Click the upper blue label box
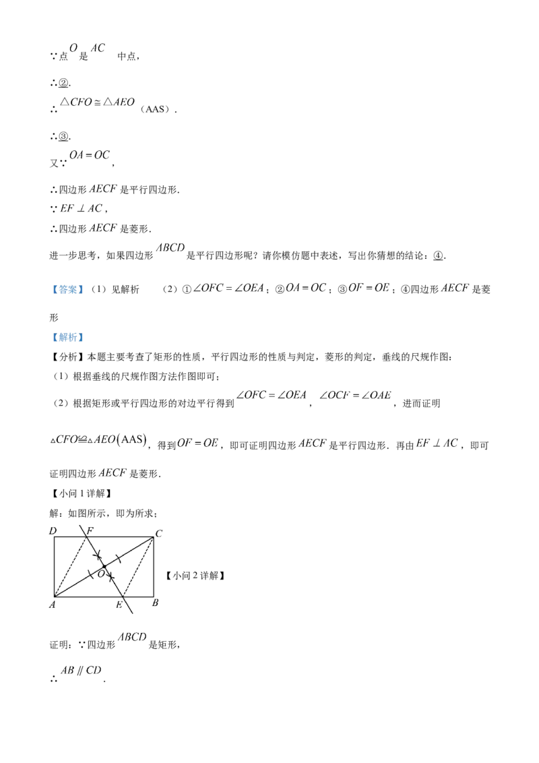click(x=67, y=289)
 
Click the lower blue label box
click(x=67, y=337)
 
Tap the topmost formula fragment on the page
click(x=88, y=49)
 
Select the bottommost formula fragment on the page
click(x=80, y=669)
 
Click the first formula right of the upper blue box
click(x=228, y=288)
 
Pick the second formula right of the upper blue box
click(x=306, y=288)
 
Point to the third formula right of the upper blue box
click(x=369, y=288)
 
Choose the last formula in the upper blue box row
click(x=455, y=288)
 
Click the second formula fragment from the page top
click(x=96, y=103)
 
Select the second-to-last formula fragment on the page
click(x=132, y=636)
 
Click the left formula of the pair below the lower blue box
click(x=269, y=394)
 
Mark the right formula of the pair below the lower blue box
click(x=360, y=394)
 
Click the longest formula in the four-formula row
click(x=99, y=441)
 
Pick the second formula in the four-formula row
click(x=199, y=443)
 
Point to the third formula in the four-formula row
click(x=312, y=443)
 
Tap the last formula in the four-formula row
click(x=437, y=443)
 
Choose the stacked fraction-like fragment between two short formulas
click(x=80, y=207)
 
